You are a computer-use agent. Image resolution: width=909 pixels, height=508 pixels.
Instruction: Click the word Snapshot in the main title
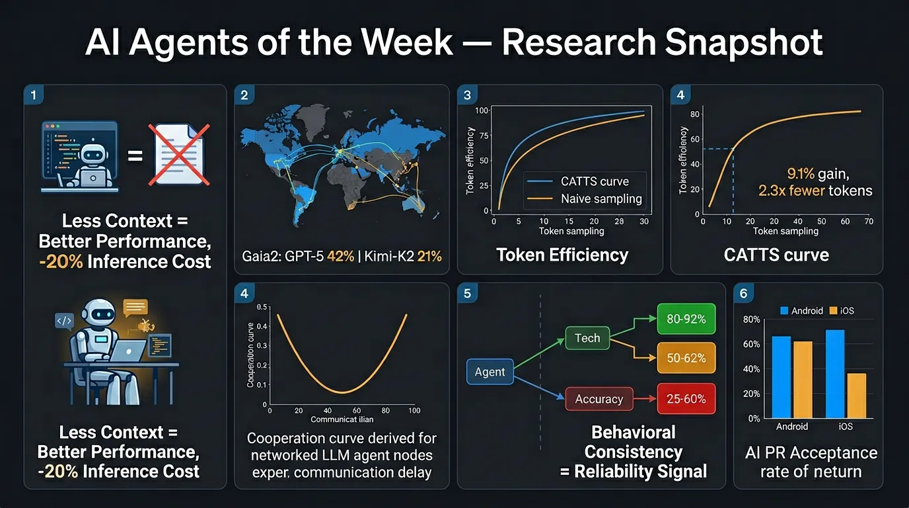coord(743,43)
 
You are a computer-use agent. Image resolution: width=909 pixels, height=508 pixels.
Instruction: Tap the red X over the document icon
coord(179,154)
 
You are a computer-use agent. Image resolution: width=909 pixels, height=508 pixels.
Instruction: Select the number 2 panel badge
coord(244,95)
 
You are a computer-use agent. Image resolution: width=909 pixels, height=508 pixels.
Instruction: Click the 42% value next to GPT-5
coord(341,255)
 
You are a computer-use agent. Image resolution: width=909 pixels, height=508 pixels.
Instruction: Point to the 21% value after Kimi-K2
coord(429,255)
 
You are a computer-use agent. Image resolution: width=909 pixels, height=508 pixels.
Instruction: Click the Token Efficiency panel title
coord(562,255)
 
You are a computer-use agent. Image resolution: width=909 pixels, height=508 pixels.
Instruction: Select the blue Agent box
coord(490,372)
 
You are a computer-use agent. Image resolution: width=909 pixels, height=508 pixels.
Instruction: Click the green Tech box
coord(587,338)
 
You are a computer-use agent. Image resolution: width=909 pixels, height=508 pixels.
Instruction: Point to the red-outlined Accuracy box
coord(599,399)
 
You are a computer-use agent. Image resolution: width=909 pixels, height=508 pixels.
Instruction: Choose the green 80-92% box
coord(686,319)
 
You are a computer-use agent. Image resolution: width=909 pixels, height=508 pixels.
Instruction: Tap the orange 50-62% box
coord(686,358)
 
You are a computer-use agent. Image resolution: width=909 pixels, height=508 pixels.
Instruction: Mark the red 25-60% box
coord(686,399)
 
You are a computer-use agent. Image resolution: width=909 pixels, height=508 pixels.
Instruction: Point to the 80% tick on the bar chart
coord(752,319)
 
